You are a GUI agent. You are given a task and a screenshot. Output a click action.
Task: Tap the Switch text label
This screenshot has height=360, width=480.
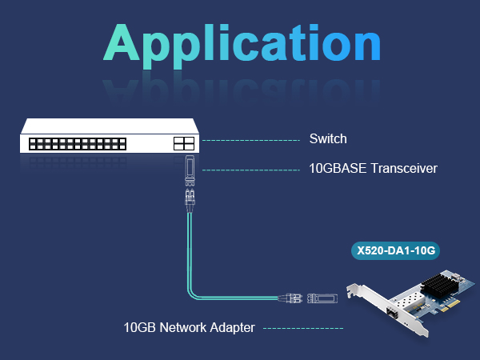pyautogui.click(x=328, y=139)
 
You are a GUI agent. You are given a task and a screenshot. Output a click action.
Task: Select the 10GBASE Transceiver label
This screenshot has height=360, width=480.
pyautogui.click(x=373, y=169)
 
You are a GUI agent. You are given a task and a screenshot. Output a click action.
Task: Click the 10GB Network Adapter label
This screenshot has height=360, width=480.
pyautogui.click(x=189, y=327)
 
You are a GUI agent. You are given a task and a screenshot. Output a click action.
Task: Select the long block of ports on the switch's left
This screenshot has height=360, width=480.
pyautogui.click(x=78, y=144)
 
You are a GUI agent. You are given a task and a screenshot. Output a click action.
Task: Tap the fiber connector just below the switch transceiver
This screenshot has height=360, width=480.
pyautogui.click(x=190, y=196)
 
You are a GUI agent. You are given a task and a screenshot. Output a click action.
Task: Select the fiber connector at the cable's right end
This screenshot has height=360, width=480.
pyautogui.click(x=292, y=298)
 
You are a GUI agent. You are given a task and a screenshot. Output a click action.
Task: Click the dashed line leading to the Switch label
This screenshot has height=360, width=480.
pyautogui.click(x=252, y=140)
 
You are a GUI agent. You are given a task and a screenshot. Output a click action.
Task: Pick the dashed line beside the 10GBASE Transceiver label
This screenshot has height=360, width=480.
pyautogui.click(x=252, y=170)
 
